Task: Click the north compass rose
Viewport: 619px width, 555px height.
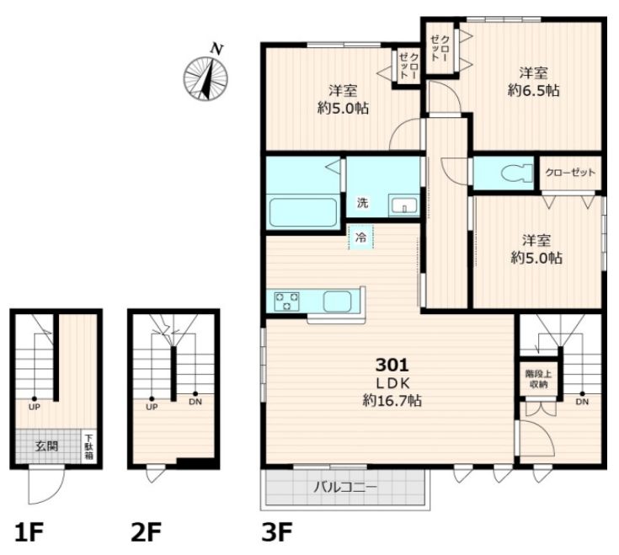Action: (x=205, y=78)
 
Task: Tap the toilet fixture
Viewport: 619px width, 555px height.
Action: (x=517, y=173)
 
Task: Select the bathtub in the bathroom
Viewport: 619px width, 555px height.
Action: (x=303, y=212)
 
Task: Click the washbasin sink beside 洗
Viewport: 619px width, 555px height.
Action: (x=403, y=205)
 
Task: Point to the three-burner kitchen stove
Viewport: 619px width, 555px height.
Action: (x=287, y=302)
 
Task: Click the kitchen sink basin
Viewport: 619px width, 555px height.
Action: (x=337, y=302)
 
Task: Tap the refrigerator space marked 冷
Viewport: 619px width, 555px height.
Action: (x=360, y=237)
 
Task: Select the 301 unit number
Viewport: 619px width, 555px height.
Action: (x=392, y=366)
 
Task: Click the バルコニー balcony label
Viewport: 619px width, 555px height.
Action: (x=346, y=487)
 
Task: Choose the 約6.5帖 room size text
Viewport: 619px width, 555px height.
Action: (x=533, y=91)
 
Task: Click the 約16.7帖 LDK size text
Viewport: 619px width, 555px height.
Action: (x=392, y=401)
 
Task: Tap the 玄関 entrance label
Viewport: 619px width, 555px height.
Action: (x=46, y=446)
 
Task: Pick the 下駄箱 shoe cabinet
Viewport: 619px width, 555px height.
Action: (x=89, y=446)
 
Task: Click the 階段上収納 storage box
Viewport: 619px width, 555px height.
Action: (x=538, y=378)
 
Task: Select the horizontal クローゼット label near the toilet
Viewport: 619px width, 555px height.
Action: (x=570, y=173)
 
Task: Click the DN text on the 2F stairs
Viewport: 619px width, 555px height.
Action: (x=195, y=402)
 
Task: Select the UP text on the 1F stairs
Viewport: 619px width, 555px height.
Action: (x=35, y=407)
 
